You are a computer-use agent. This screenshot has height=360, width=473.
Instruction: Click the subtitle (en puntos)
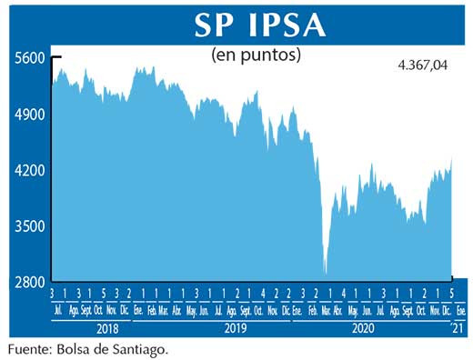[x=256, y=55]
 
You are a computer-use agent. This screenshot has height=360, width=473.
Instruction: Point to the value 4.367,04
[x=426, y=65]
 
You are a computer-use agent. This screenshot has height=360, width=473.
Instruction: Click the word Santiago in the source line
[x=141, y=348]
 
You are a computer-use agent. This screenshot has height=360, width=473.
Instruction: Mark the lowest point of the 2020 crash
[x=326, y=273]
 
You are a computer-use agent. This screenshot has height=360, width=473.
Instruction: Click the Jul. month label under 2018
[x=59, y=310]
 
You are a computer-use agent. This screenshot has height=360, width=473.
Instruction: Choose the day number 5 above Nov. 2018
[x=104, y=294]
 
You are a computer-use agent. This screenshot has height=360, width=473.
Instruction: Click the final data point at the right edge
[x=452, y=158]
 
